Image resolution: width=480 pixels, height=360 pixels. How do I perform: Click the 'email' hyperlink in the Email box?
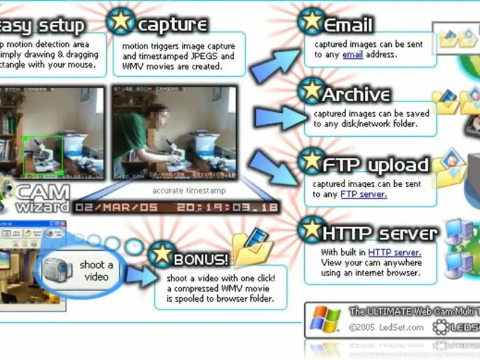pos(353,55)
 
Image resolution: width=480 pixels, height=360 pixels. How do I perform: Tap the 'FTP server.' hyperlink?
pos(364,194)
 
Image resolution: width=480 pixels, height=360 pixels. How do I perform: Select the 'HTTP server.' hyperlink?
pos(395,253)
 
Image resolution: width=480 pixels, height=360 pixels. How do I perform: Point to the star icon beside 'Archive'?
pos(311,89)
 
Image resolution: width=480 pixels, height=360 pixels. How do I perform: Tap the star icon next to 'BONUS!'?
pos(160,255)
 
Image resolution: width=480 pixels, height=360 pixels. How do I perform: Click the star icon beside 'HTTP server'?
pos(311,229)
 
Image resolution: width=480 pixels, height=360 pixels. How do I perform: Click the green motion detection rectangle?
pos(43,153)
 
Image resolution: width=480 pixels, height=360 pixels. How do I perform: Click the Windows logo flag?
pos(325,321)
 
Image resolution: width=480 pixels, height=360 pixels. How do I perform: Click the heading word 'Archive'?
pos(356,95)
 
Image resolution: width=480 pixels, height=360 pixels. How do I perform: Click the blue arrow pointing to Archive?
pos(274,115)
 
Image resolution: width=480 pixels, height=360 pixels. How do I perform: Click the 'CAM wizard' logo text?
pos(43,199)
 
